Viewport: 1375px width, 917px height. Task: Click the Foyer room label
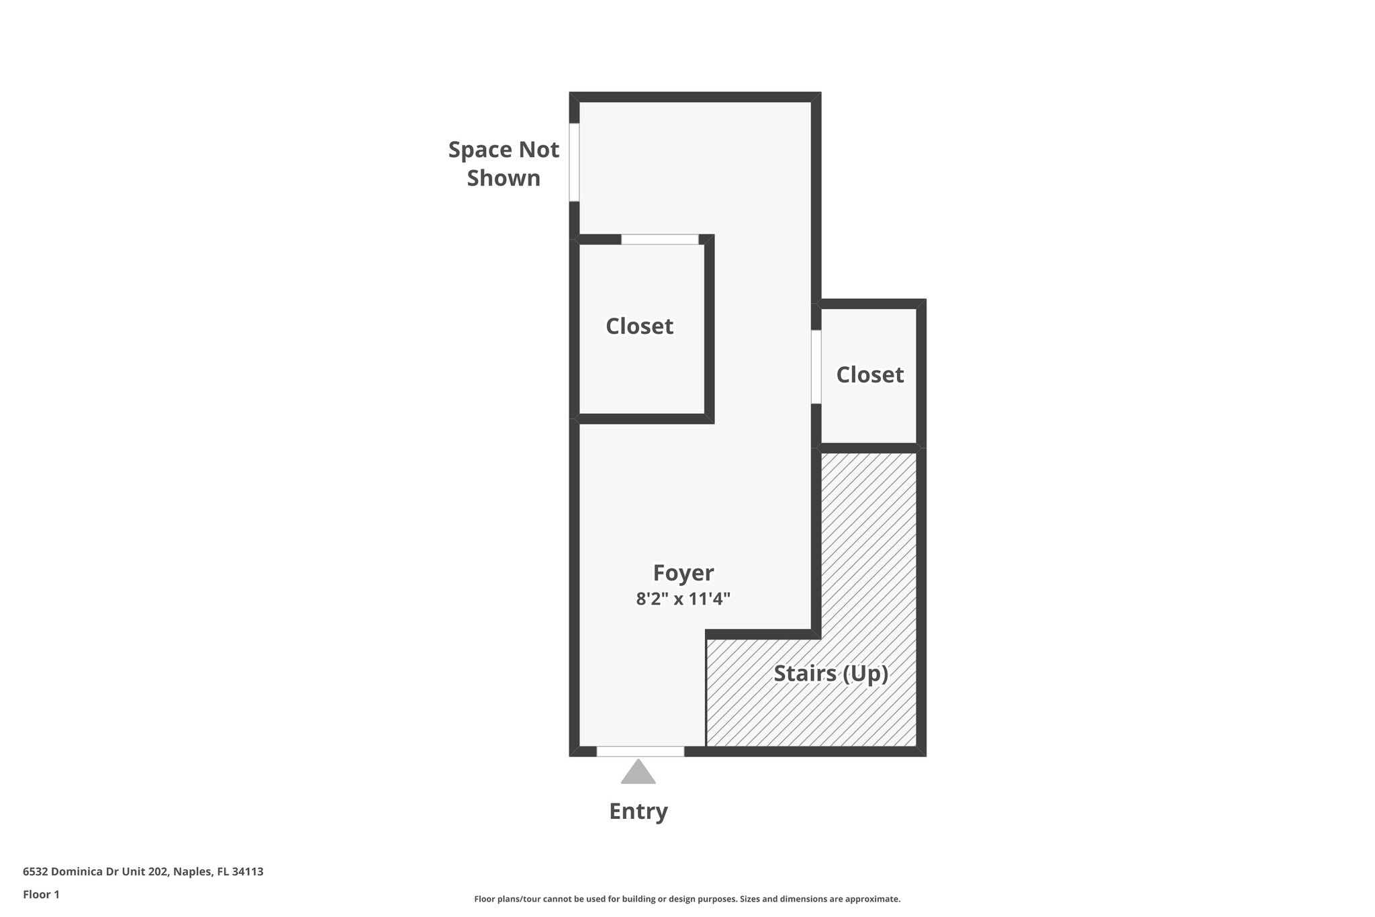(x=683, y=572)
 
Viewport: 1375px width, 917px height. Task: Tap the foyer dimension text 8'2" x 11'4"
(x=683, y=599)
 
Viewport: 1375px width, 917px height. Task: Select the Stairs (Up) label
(x=831, y=673)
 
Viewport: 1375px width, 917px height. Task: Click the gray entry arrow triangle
(x=638, y=773)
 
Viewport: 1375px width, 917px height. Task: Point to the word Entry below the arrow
(x=638, y=811)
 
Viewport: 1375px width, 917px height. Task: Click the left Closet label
(x=639, y=326)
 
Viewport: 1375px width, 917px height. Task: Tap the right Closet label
(x=869, y=374)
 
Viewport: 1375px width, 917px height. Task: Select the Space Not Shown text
(x=504, y=163)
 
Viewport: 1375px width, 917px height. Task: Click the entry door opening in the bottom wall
(x=641, y=751)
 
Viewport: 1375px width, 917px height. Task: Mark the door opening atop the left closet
(x=659, y=239)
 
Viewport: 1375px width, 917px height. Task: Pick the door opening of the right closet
(x=816, y=367)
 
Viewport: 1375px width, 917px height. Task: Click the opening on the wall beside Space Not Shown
(x=574, y=162)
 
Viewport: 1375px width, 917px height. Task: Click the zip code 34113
(x=248, y=871)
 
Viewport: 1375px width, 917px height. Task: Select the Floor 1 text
(x=41, y=894)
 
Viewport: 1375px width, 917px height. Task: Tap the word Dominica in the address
(x=77, y=871)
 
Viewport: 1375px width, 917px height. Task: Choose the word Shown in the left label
(x=504, y=178)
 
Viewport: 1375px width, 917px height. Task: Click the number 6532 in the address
(x=35, y=871)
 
